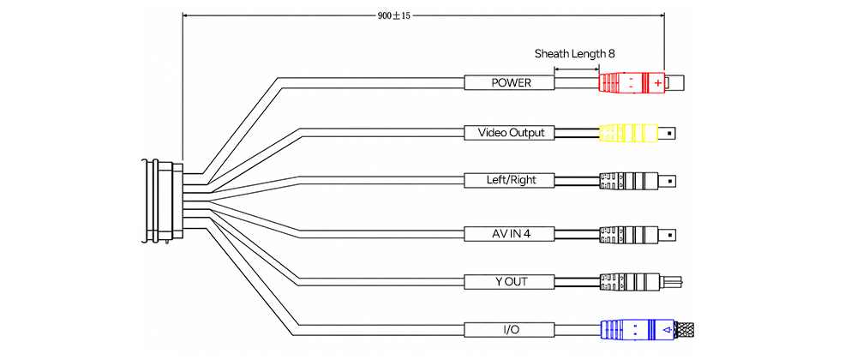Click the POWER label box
point(510,83)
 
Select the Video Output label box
point(510,133)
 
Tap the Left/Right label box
point(510,180)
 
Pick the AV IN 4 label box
point(510,234)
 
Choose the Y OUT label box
point(510,282)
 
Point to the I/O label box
point(510,330)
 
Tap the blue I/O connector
point(638,330)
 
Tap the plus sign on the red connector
point(657,83)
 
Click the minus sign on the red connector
point(631,83)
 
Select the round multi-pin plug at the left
point(162,201)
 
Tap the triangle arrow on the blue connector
point(666,330)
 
